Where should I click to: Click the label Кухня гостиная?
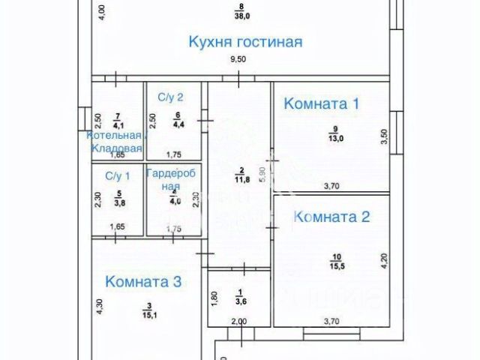point(244,42)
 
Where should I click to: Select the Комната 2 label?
point(332,217)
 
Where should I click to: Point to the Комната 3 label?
point(143,282)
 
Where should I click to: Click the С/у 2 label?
point(170,97)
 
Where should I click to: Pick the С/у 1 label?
point(117,176)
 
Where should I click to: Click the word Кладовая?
point(117,148)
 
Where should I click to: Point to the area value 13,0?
point(334,139)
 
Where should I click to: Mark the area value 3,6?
point(241,302)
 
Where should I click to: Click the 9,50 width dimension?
point(238,59)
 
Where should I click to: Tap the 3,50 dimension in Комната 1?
point(384,136)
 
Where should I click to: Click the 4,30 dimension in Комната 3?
point(98,307)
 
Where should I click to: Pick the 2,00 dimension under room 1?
point(238,322)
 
